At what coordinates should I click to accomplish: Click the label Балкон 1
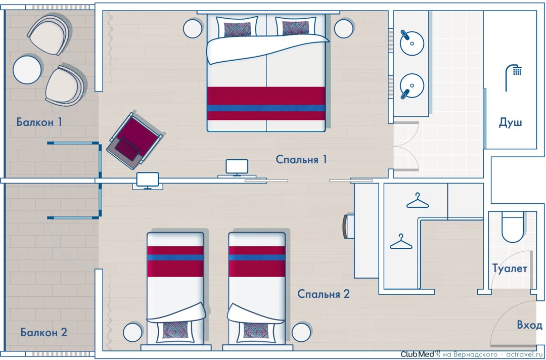pos(39,122)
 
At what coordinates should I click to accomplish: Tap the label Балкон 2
pos(44,332)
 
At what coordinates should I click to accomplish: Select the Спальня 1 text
pos(301,159)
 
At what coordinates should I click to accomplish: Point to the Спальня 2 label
pos(324,294)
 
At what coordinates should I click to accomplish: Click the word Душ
pos(510,123)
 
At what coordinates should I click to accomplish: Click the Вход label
pos(530,325)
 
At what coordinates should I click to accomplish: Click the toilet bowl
pos(513,228)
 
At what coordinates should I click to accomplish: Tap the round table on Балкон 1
pos(27,70)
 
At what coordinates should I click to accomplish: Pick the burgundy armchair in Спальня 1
pos(134,140)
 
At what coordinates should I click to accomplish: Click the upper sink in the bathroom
pos(412,43)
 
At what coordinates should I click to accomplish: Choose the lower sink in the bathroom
pos(412,86)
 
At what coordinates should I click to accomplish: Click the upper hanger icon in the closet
pos(418,201)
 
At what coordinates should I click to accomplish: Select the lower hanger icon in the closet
pos(401,242)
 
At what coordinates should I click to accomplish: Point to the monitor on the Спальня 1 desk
pos(237,167)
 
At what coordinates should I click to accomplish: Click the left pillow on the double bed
pos(237,26)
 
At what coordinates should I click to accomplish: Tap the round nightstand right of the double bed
pos(344,28)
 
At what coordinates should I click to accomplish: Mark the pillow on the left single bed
pos(175,330)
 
